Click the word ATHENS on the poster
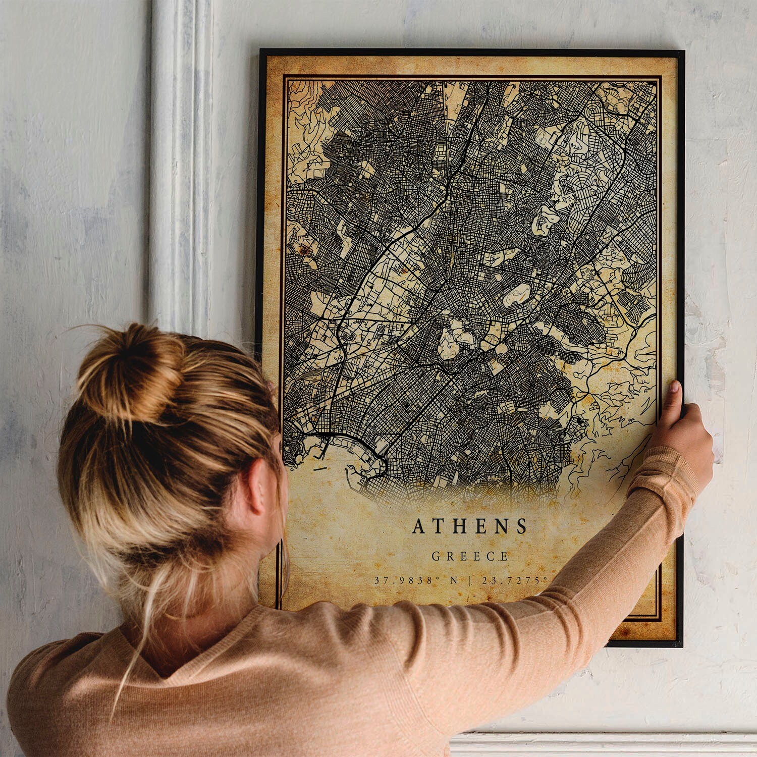(470, 526)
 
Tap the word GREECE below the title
(470, 557)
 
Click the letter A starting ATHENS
(418, 526)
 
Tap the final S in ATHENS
(521, 526)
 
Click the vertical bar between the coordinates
(470, 580)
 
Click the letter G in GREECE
(435, 557)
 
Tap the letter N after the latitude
(454, 580)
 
